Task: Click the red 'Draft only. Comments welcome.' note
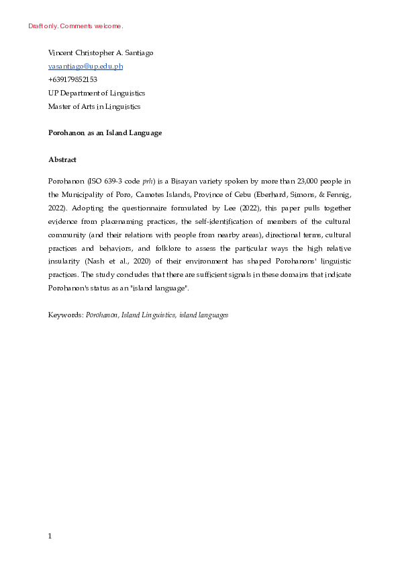click(76, 26)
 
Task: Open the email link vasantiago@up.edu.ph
click(85, 66)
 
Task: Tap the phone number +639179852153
click(72, 79)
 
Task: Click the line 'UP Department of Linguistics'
click(97, 93)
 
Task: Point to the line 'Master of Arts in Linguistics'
click(95, 106)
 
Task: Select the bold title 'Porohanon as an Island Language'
click(105, 133)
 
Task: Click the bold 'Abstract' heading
click(62, 160)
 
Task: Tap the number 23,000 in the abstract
click(303, 181)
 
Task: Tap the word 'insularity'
click(66, 261)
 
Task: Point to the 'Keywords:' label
click(65, 314)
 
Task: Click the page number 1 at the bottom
click(50, 536)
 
